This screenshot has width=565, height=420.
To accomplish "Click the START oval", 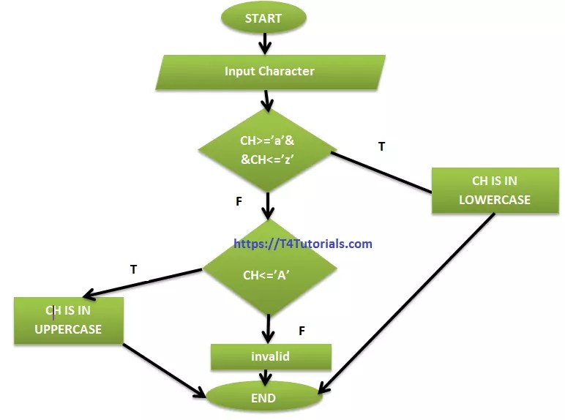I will pos(263,19).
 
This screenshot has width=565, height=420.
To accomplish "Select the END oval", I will pos(263,398).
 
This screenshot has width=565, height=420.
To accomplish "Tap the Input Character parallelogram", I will pos(269,72).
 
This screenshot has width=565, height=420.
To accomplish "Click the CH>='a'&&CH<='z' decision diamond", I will pos(268,150).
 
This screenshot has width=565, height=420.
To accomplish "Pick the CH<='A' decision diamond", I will pos(268,275).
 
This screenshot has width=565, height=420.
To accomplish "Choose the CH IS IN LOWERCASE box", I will pos(494,190).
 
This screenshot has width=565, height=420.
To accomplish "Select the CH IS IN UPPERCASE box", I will pos(68,320).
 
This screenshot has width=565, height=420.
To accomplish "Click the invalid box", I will pos(270,356).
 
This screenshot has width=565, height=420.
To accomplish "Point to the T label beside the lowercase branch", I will pos(381,147).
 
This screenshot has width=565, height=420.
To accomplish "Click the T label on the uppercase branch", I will pos(133,269).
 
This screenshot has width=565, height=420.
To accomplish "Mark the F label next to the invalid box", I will pos(302,331).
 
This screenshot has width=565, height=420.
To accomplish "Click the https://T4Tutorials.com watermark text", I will pos(303,244).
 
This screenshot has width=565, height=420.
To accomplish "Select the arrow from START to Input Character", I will pos(263,44).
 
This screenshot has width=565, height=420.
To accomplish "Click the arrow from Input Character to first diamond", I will pos(267,99).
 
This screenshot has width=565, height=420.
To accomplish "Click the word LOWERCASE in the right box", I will pos(494,200).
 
